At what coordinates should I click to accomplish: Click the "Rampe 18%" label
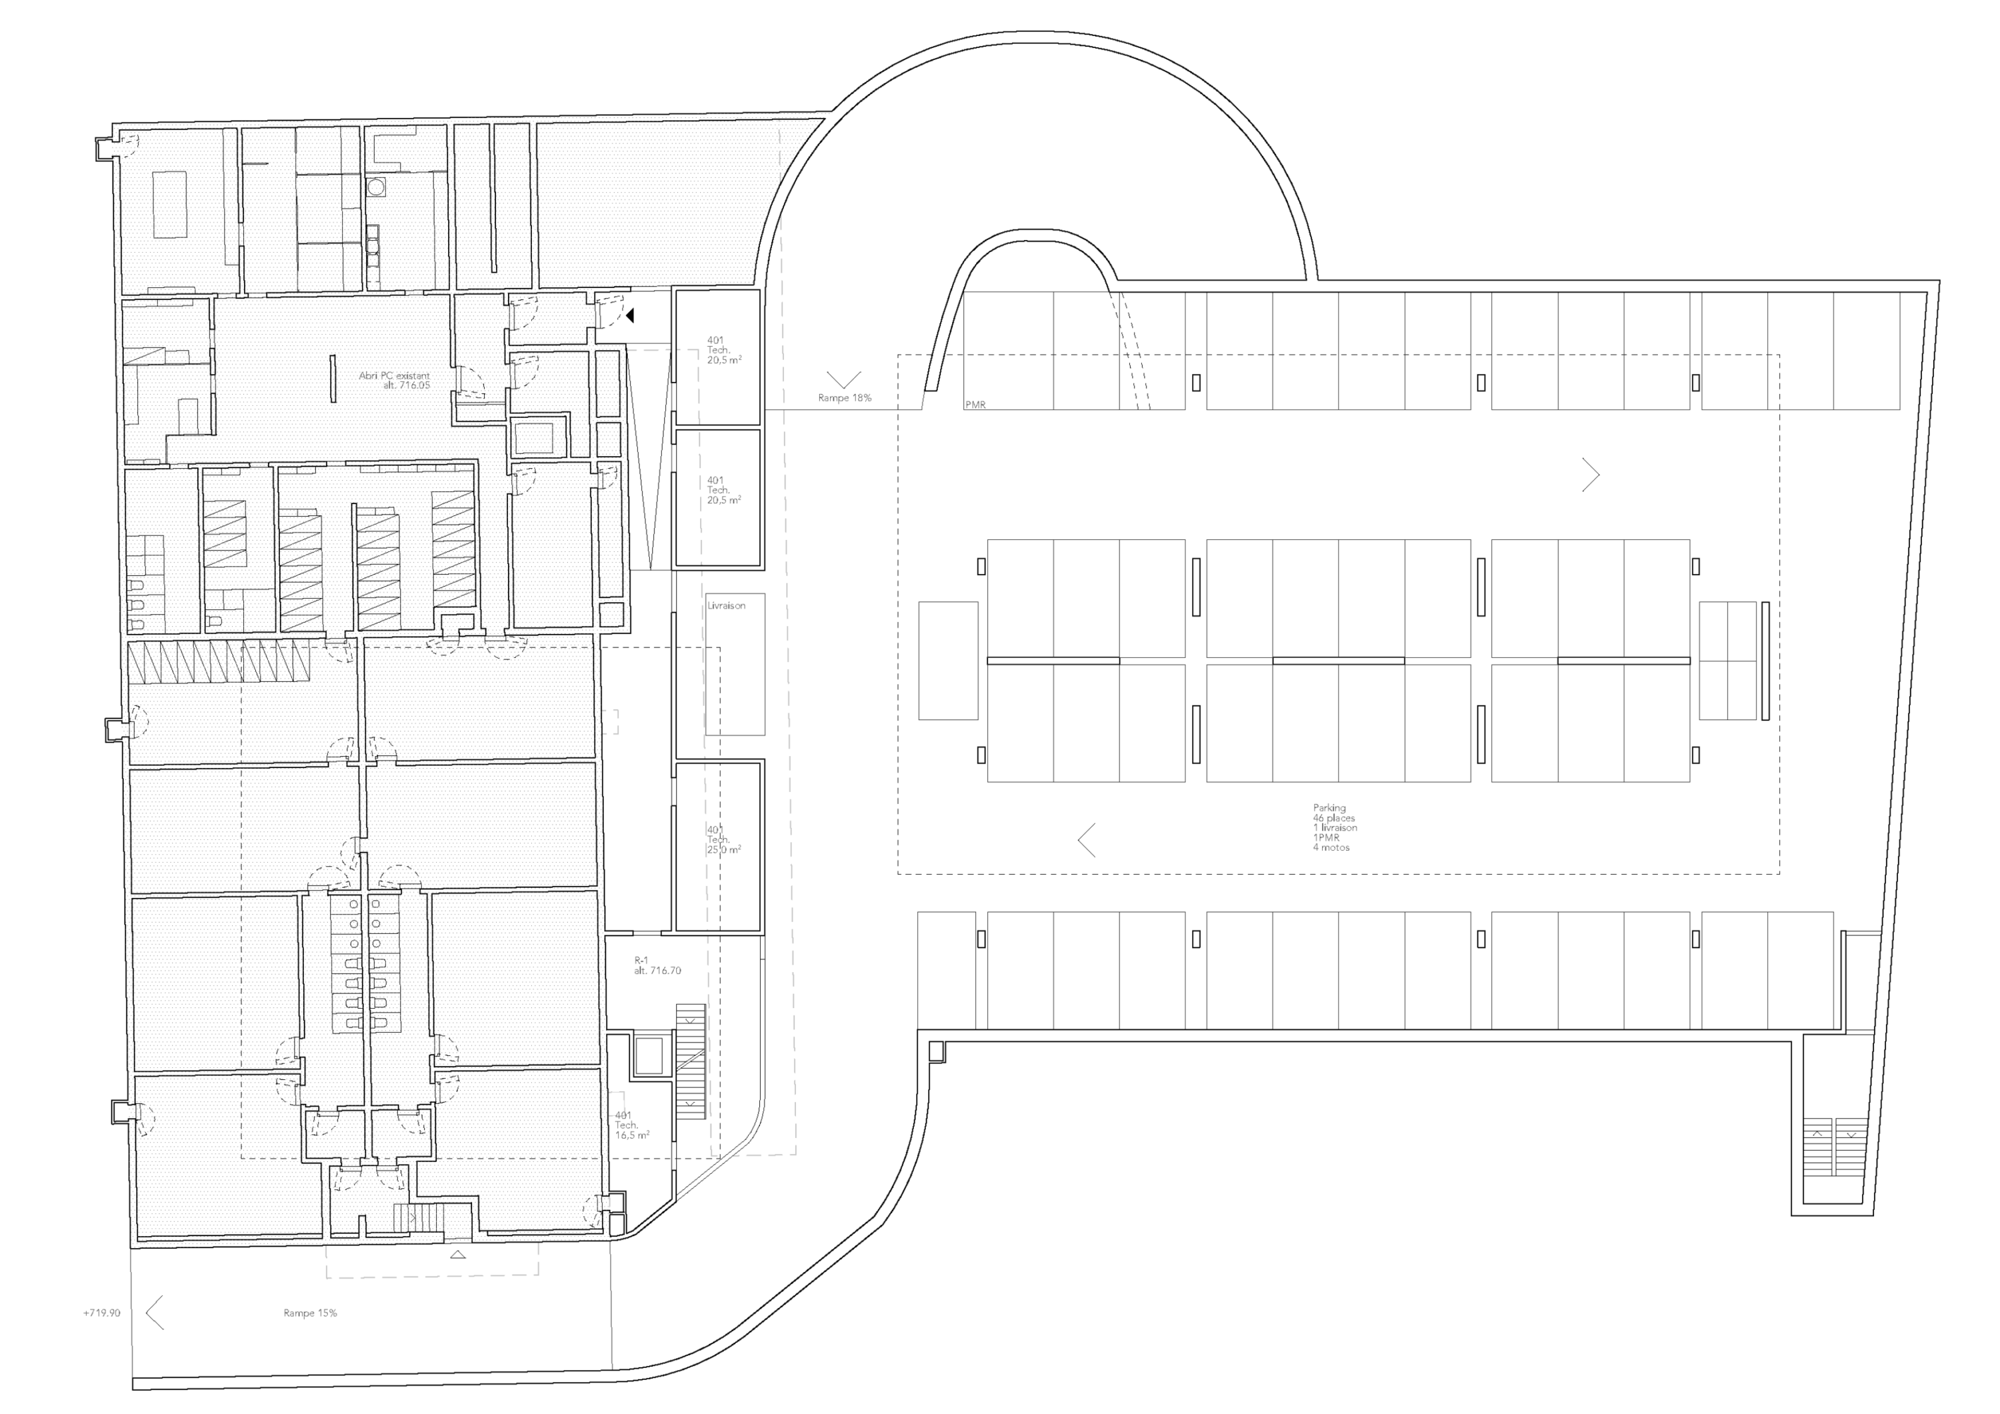(844, 398)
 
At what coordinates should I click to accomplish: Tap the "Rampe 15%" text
(310, 1313)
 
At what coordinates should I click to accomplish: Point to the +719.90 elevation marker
(102, 1313)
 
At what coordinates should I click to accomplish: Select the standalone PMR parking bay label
(975, 405)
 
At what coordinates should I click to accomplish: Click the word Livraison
(727, 605)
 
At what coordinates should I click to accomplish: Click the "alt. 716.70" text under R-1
(657, 970)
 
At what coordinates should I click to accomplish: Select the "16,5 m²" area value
(631, 1135)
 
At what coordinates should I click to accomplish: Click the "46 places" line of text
(1333, 818)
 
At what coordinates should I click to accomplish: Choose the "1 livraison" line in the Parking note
(1335, 827)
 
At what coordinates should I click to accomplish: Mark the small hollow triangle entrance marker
(457, 1255)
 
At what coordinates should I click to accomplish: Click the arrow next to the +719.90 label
(155, 1312)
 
